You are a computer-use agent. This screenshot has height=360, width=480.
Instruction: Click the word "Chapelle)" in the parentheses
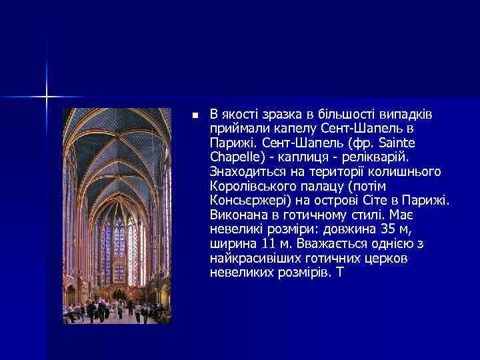coord(235,157)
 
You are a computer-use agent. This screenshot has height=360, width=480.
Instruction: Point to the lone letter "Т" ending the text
coord(341,273)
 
